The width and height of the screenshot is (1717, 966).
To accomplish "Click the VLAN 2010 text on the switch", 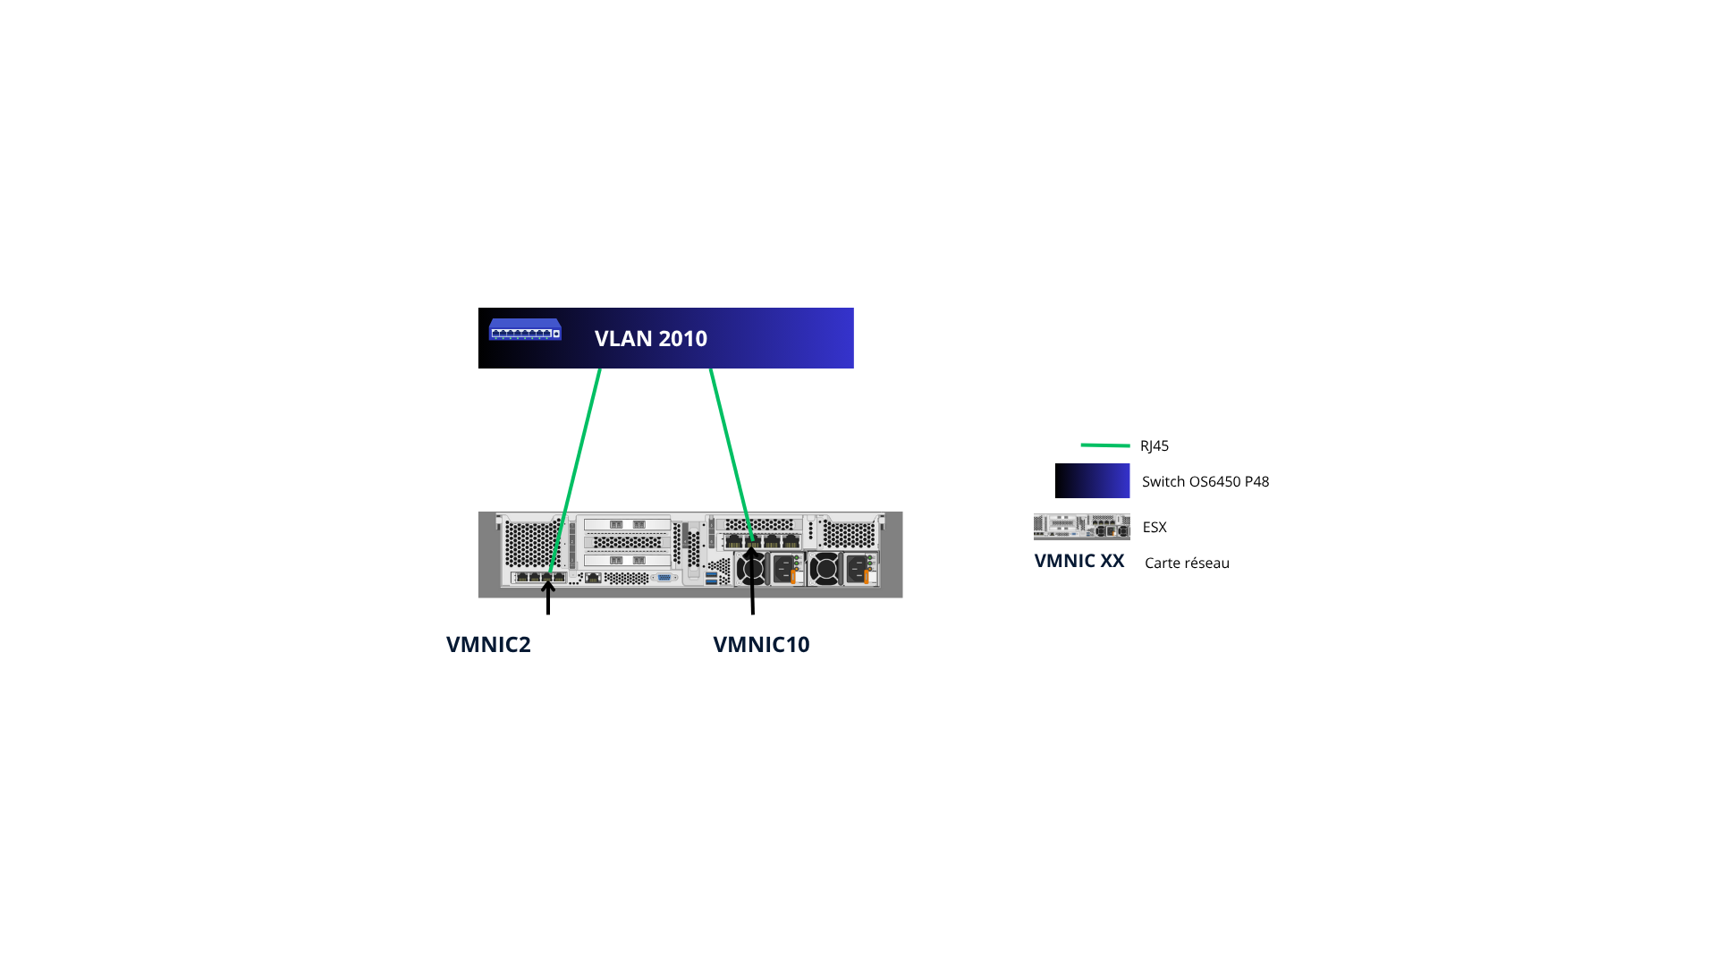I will point(650,338).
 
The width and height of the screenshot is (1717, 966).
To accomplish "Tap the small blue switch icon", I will point(525,329).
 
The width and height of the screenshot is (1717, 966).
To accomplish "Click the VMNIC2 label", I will point(488,644).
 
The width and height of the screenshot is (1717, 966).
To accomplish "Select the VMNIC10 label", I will point(761,644).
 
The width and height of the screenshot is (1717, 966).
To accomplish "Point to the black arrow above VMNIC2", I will point(548,597).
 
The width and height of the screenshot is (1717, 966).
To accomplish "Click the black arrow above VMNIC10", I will point(752,581).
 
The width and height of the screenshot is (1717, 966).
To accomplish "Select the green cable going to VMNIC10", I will point(730,447).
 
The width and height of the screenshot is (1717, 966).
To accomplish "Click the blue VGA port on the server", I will point(664,579).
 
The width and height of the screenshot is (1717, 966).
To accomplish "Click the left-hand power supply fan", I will point(752,569).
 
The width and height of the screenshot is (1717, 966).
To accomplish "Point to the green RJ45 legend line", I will point(1104,445).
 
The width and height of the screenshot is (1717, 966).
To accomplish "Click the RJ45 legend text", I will point(1155,445).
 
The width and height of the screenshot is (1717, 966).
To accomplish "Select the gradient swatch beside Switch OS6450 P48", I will point(1092,480).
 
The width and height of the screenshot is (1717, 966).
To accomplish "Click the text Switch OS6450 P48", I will point(1205,481).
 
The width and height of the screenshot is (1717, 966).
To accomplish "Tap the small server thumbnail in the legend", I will point(1081,527).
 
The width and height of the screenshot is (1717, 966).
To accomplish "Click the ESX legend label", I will point(1155,527).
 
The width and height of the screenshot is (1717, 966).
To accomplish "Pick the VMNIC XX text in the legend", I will point(1078,561).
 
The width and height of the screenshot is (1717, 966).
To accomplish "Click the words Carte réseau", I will point(1187,563).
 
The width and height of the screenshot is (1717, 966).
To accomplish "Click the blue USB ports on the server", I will point(711,579).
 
